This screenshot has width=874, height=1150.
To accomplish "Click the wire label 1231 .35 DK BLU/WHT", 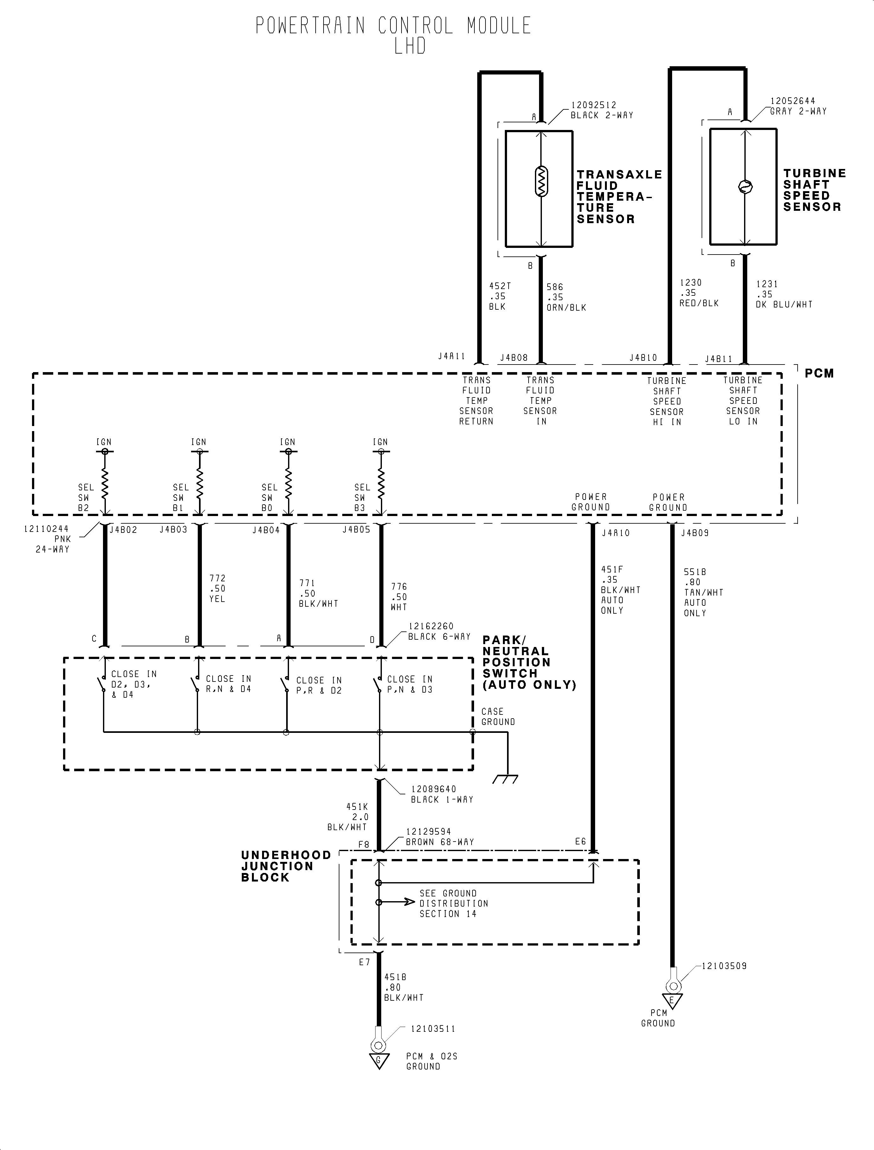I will click(783, 294).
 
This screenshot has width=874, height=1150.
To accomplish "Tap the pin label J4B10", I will click(643, 358).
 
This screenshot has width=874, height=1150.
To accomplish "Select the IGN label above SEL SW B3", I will click(380, 442).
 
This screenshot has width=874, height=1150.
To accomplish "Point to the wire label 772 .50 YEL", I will click(217, 589).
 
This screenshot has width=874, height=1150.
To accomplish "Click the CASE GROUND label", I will click(498, 717).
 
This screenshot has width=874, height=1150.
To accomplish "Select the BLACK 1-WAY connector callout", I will click(442, 799).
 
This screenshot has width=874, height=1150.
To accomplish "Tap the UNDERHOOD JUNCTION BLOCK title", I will click(286, 866).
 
